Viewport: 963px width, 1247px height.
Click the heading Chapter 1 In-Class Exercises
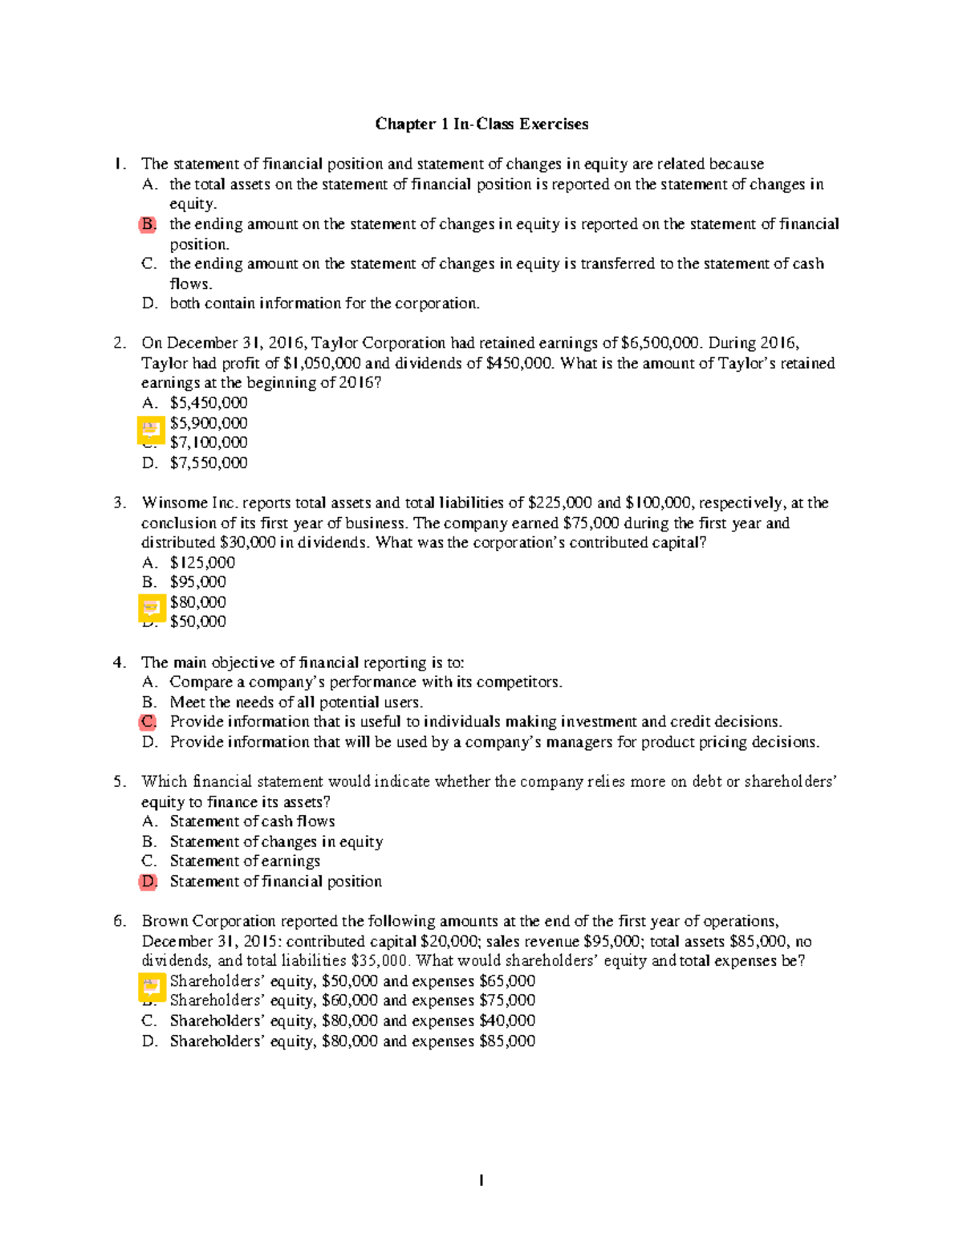coord(481,124)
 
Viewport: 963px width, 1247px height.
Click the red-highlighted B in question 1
coord(148,224)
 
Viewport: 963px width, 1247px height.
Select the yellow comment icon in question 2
coord(151,430)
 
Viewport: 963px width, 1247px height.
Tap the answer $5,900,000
coord(209,422)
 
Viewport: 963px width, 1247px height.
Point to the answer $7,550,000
coord(209,463)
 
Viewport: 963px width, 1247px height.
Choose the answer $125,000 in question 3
coord(202,562)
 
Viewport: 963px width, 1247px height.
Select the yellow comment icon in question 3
coord(151,608)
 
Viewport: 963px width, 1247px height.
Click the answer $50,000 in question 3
coord(197,621)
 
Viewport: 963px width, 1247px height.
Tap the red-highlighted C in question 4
coord(148,722)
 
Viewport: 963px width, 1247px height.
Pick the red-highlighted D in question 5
coord(148,882)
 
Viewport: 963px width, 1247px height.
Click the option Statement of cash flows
coord(252,821)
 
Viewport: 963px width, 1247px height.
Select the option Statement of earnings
coord(245,861)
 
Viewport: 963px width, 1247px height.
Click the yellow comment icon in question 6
coord(151,987)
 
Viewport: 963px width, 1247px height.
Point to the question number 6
coord(120,921)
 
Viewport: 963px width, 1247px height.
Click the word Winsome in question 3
coord(174,503)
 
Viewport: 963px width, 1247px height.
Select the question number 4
coord(120,662)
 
